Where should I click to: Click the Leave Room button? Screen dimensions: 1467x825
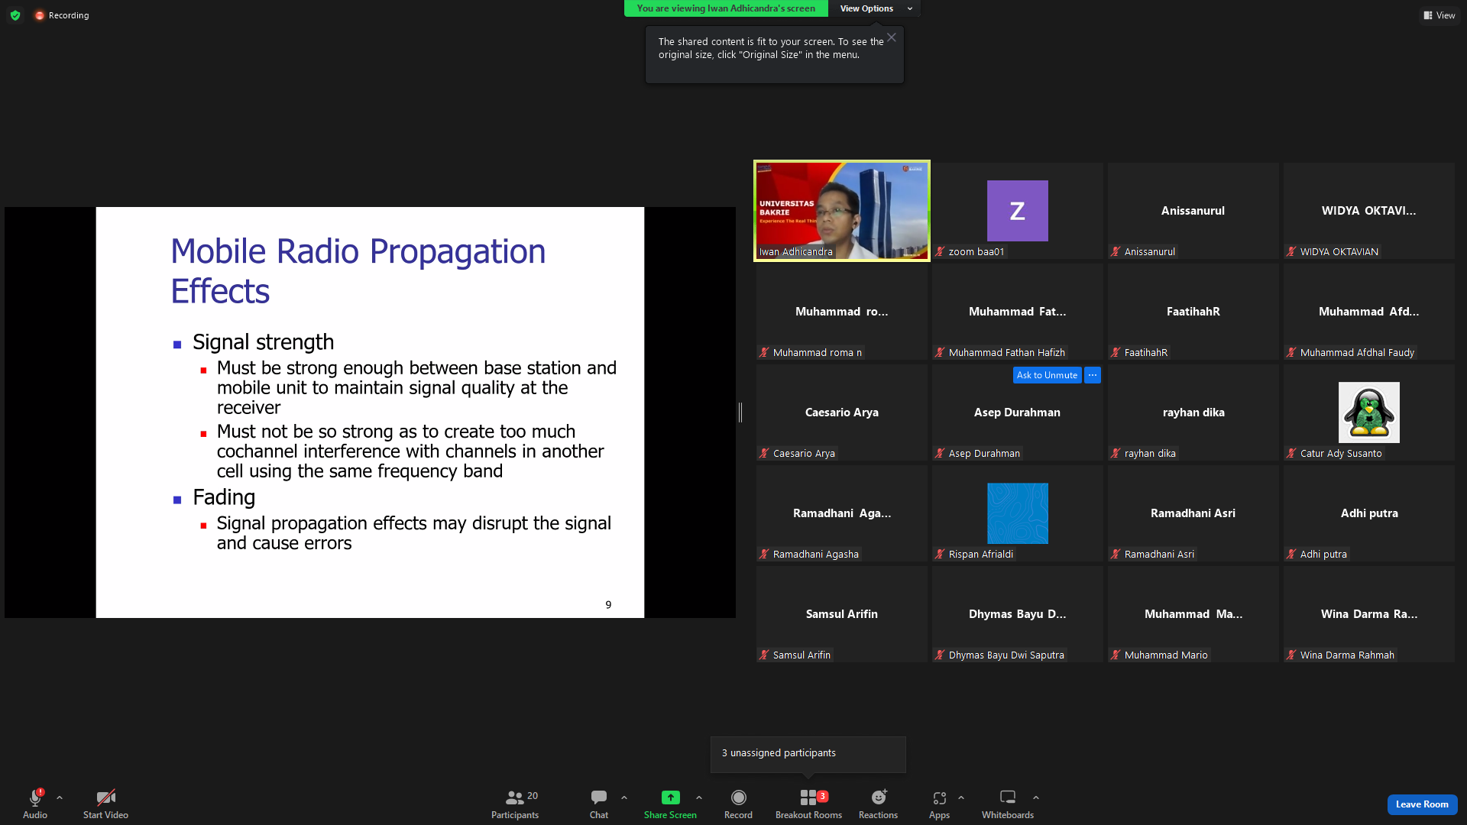click(1422, 804)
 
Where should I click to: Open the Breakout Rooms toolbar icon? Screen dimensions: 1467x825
click(808, 797)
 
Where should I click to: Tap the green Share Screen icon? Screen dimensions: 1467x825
click(670, 797)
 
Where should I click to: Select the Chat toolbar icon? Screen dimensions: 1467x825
click(599, 797)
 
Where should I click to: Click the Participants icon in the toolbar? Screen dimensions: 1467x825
click(515, 797)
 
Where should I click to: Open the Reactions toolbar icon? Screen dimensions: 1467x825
click(879, 797)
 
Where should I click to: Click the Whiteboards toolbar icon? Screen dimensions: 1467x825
click(1008, 797)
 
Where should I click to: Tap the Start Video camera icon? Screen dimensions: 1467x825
click(105, 797)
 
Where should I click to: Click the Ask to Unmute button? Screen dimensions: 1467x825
click(1047, 375)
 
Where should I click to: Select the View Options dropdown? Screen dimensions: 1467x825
click(875, 8)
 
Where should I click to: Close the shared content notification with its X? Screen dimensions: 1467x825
click(892, 37)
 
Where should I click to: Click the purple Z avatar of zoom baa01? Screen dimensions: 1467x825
click(1018, 211)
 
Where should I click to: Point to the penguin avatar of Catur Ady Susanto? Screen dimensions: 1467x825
click(1369, 412)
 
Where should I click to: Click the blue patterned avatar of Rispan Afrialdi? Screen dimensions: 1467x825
click(1018, 513)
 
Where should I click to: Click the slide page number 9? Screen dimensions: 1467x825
click(608, 605)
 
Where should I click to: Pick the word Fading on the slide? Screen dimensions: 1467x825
click(224, 497)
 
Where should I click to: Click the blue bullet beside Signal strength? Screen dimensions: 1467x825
click(177, 345)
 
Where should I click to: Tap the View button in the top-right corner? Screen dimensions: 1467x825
click(1439, 15)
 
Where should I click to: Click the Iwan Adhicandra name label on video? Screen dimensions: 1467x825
click(795, 252)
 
